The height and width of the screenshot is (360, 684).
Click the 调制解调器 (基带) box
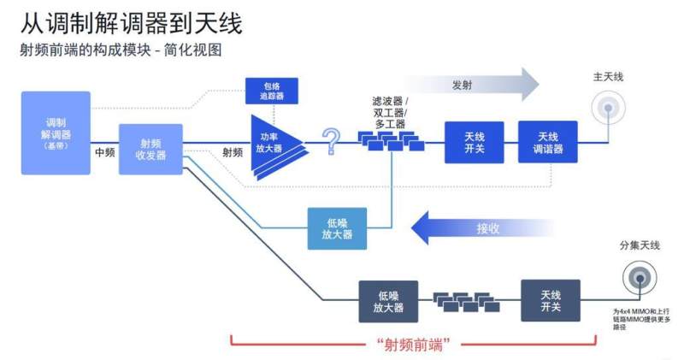coord(56,133)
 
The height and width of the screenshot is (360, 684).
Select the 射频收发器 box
coord(150,149)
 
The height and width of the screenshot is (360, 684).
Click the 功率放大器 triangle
coord(274,142)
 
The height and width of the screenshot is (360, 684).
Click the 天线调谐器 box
coord(547,142)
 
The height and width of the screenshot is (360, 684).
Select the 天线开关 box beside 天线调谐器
coord(474,142)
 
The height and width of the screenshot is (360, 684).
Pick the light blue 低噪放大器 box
coord(337,228)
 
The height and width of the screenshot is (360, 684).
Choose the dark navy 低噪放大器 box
coord(388,301)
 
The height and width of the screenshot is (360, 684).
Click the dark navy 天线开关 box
coord(551,300)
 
